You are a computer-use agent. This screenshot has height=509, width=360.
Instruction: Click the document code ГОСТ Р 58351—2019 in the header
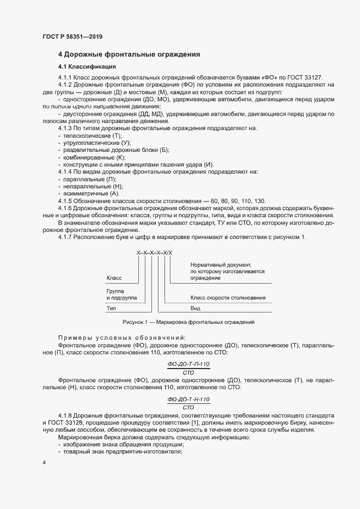[x=72, y=36]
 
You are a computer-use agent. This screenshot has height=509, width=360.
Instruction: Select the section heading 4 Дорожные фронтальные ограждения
[x=129, y=54]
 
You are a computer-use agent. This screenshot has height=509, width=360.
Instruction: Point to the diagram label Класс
[x=114, y=278]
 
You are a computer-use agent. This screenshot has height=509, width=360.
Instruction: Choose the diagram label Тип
[x=111, y=308]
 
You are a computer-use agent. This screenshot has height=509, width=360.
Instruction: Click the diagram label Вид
[x=196, y=308]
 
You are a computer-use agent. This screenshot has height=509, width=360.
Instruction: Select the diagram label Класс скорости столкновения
[x=228, y=298]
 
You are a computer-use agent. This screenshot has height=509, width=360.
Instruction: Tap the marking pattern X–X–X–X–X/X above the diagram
[x=154, y=253]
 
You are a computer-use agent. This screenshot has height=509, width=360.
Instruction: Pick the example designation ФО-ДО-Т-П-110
[x=188, y=363]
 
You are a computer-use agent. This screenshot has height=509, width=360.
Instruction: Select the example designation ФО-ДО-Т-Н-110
[x=188, y=399]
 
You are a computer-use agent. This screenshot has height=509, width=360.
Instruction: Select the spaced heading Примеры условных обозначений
[x=121, y=338]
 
